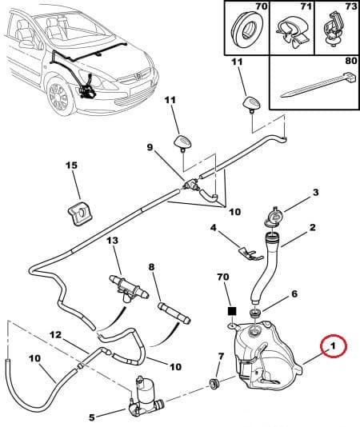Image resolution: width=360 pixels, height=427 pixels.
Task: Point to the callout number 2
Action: point(313,227)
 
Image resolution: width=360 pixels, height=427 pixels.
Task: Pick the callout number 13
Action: point(111,241)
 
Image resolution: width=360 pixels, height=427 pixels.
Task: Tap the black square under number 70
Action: point(230,309)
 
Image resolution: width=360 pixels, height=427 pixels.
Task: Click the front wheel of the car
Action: point(60,98)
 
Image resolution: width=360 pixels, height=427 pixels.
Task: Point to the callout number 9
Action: point(149,147)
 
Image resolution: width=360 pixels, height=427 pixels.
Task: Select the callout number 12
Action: point(55,335)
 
